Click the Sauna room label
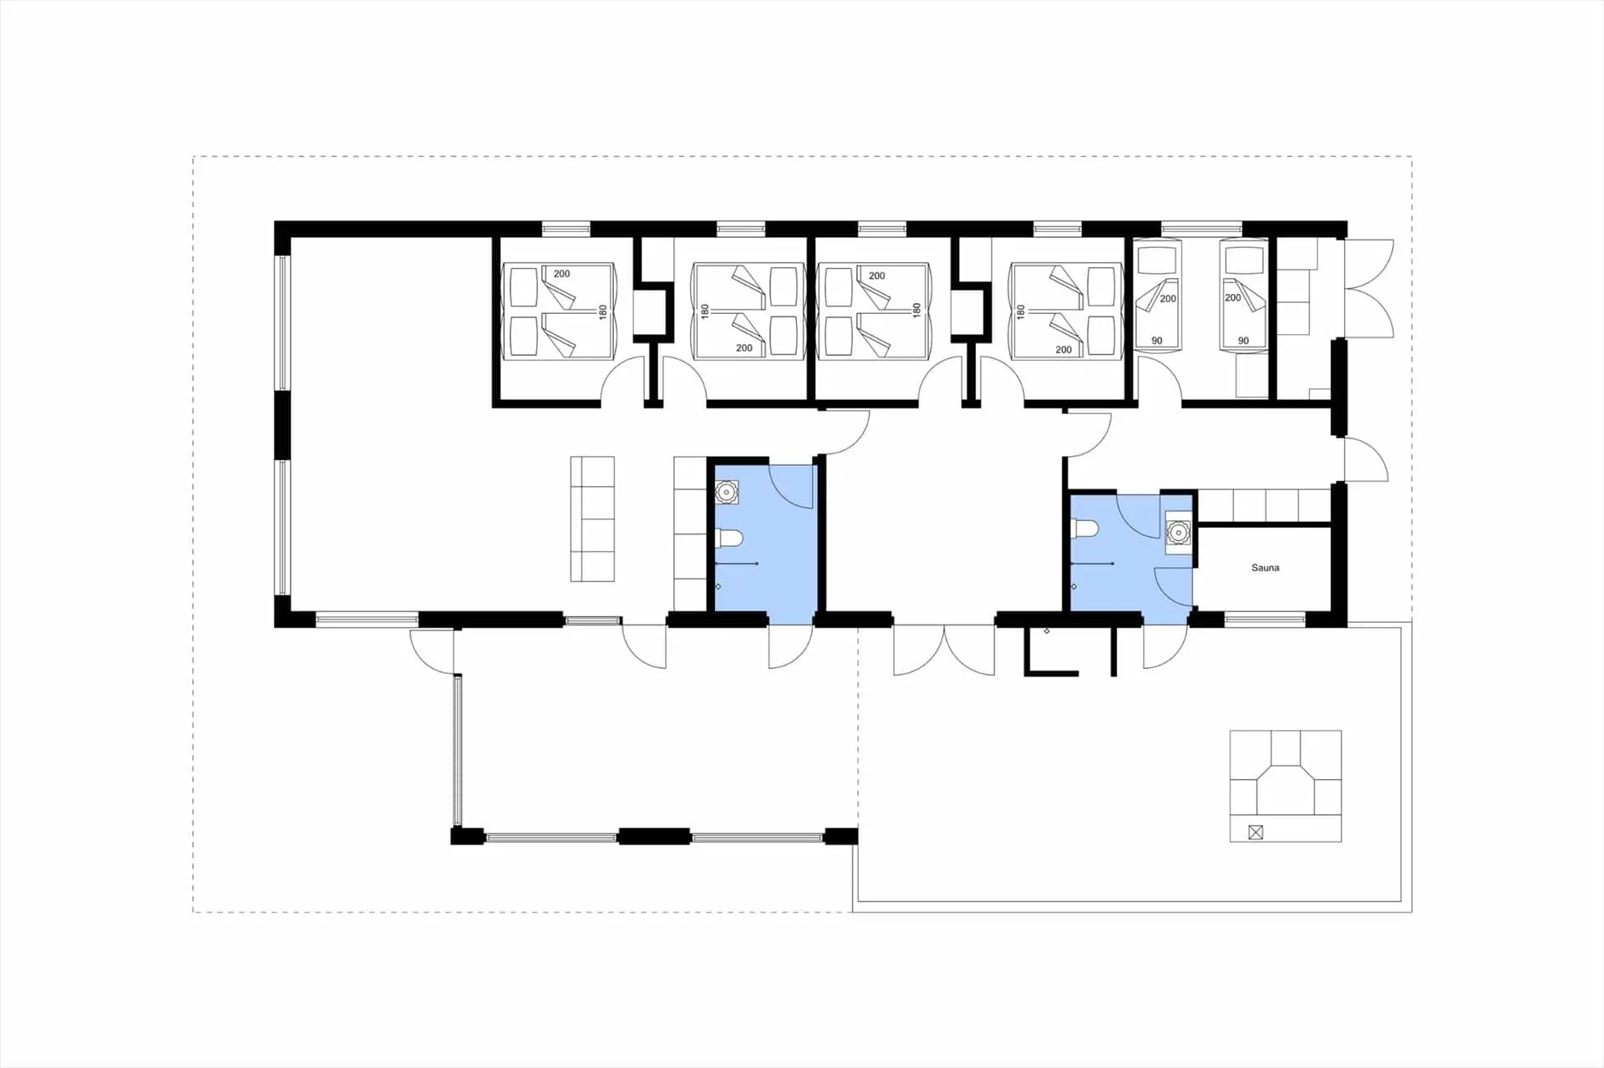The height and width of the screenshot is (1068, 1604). tap(1265, 568)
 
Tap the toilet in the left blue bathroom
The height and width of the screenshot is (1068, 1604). tap(729, 539)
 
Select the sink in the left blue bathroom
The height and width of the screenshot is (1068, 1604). tap(727, 493)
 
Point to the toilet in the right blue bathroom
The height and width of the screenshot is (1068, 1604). tap(1084, 529)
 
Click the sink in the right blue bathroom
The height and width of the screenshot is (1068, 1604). tap(1178, 532)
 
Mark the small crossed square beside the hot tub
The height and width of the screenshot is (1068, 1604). tap(1255, 832)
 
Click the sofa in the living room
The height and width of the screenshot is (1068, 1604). tap(592, 519)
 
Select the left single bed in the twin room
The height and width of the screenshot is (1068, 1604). tap(1157, 296)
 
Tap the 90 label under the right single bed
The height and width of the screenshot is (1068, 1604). tap(1243, 341)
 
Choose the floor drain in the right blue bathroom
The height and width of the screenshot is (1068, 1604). tap(1074, 587)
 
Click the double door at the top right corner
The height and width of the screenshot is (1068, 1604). tap(1368, 289)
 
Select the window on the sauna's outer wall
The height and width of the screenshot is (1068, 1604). tap(1265, 620)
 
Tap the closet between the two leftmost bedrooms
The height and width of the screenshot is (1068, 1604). tap(652, 311)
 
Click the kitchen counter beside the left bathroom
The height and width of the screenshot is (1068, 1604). tap(690, 533)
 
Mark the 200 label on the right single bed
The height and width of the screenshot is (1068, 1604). tap(1232, 297)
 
